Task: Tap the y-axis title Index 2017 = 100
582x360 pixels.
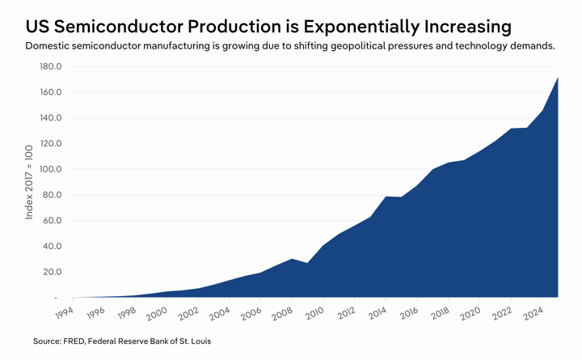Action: (29, 181)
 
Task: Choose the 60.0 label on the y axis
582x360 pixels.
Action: (53, 221)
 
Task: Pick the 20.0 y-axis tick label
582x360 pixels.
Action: (53, 272)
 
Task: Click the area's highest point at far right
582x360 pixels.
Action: (558, 78)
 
